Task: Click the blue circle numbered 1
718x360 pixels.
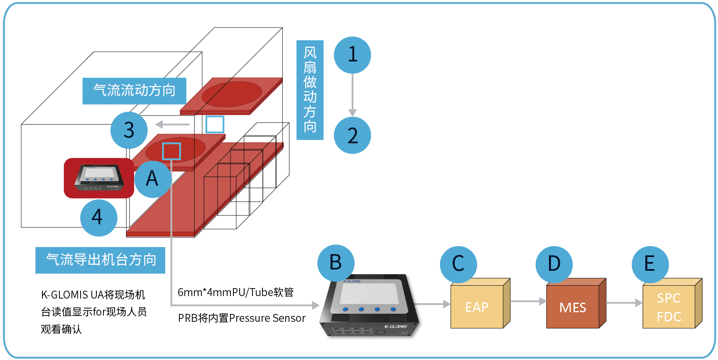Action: (x=353, y=55)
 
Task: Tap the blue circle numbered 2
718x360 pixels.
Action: (x=353, y=135)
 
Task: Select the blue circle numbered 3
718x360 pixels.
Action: (x=129, y=130)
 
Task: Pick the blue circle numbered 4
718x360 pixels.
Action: (x=98, y=218)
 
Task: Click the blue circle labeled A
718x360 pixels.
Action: (x=152, y=179)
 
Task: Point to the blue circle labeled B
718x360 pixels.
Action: (x=336, y=263)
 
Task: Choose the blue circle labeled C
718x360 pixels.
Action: (x=458, y=264)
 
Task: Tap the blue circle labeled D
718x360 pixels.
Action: (x=554, y=264)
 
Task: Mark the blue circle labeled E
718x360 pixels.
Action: (x=650, y=264)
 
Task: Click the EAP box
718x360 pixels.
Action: (x=477, y=306)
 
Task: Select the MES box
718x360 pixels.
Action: (x=573, y=306)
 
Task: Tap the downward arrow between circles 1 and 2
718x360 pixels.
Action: (x=353, y=95)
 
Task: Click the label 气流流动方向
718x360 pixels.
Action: (x=134, y=91)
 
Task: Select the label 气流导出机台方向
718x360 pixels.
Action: (x=100, y=260)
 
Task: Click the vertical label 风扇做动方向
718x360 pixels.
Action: (x=310, y=90)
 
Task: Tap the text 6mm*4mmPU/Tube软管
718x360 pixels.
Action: (x=235, y=292)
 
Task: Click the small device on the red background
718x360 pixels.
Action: (x=99, y=178)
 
